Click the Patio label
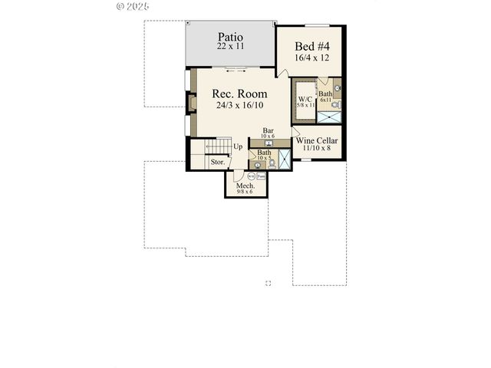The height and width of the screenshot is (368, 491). click(x=230, y=36)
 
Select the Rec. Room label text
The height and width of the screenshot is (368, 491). click(x=239, y=94)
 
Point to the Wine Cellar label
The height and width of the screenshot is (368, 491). click(x=317, y=141)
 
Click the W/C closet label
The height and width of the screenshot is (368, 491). click(x=304, y=98)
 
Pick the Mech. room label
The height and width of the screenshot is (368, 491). click(x=245, y=186)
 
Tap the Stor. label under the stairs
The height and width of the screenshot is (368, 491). click(x=218, y=162)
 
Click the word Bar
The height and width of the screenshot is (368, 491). click(x=269, y=130)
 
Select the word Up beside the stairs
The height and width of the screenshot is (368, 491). click(x=238, y=146)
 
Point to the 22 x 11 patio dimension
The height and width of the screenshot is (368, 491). click(x=230, y=47)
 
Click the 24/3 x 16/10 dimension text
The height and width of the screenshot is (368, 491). click(x=239, y=107)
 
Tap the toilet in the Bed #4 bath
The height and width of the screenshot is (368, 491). click(x=336, y=89)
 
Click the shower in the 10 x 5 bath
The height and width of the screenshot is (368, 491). click(x=284, y=159)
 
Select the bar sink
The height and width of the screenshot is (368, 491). click(x=269, y=143)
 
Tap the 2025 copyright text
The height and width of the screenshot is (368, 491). click(x=132, y=5)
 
